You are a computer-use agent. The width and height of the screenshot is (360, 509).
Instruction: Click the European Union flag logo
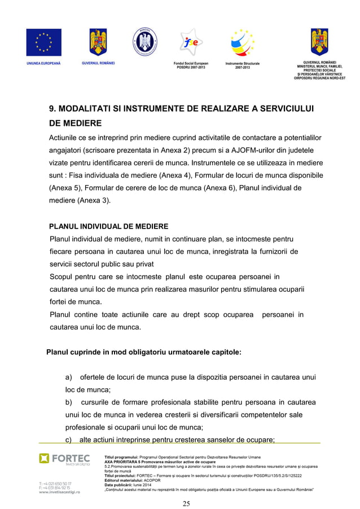coord(43,42)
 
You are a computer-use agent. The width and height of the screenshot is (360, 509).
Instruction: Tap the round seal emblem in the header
coord(144,42)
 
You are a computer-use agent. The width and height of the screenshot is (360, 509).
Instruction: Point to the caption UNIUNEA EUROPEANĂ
coord(43,63)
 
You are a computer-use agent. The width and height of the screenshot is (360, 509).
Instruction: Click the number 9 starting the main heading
coord(50,109)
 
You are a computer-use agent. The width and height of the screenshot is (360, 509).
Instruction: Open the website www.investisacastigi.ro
coord(59,492)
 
